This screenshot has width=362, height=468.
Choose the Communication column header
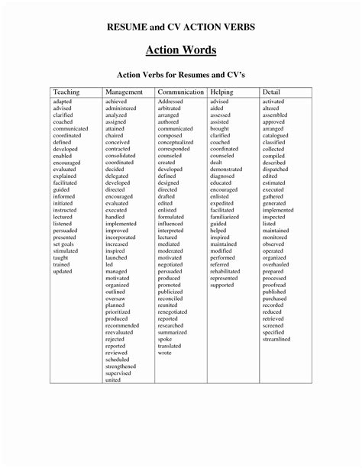(180, 92)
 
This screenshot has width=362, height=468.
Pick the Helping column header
(222, 92)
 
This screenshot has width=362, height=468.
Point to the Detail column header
(273, 92)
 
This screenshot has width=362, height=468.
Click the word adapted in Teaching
(63, 102)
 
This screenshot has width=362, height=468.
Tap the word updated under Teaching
(63, 271)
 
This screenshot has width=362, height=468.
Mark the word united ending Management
(113, 379)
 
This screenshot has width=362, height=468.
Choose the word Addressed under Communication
(171, 102)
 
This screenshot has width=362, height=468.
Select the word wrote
(165, 353)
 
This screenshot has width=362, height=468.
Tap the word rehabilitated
(225, 271)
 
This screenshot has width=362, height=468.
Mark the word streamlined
(276, 339)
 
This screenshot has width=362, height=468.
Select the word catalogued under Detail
(276, 135)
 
